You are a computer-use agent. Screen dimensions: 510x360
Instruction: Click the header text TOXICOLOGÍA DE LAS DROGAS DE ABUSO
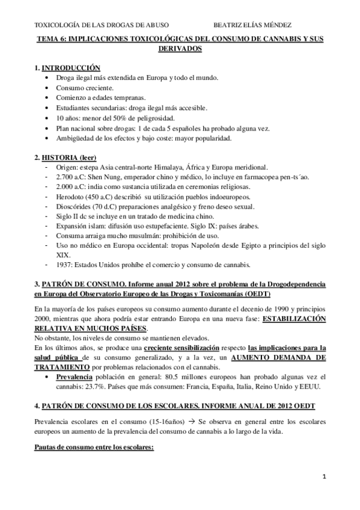click(x=102, y=26)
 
